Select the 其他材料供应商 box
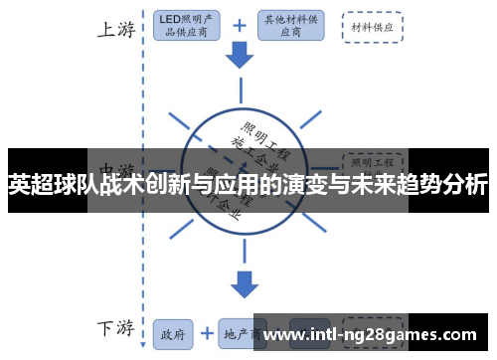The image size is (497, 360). (x=291, y=27)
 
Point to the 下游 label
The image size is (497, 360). (x=115, y=328)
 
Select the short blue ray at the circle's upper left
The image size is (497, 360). (x=179, y=122)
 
